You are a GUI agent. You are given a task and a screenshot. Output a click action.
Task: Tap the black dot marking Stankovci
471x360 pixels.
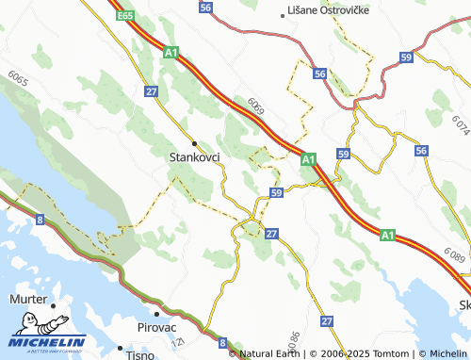coord(195,143)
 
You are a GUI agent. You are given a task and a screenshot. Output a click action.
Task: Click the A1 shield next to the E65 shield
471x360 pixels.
coord(171,54)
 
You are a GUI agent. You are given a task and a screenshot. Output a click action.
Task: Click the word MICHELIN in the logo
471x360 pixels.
coord(48,341)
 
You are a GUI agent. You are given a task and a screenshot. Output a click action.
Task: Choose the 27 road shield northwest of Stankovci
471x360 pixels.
coord(152,91)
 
